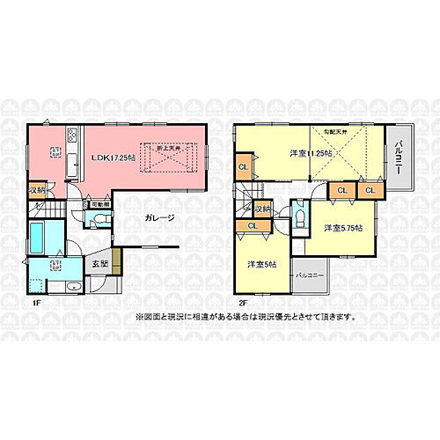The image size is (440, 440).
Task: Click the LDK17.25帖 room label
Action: point(113,157)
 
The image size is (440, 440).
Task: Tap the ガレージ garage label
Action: point(158,218)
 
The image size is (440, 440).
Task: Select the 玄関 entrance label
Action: point(99,262)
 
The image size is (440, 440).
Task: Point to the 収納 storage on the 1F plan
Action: point(36,189)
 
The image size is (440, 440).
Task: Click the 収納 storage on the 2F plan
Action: point(262,209)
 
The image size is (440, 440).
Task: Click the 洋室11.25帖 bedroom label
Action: point(308,155)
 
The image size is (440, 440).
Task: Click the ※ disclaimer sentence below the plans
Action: point(246,316)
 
